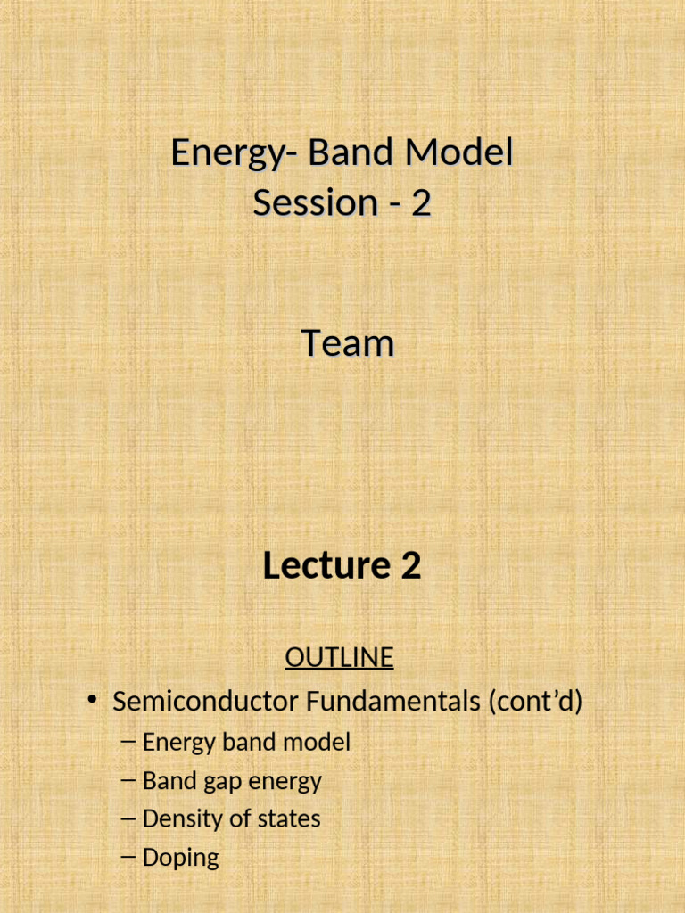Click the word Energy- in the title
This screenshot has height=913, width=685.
click(x=234, y=153)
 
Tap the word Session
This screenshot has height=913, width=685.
click(x=303, y=203)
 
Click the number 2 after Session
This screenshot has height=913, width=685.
click(x=421, y=203)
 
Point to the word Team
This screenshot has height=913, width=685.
click(x=347, y=343)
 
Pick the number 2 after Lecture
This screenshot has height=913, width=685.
click(x=410, y=566)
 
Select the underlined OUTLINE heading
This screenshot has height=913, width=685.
click(x=339, y=658)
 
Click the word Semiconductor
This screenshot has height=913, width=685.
click(x=205, y=703)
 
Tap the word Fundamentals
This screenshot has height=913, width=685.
click(x=393, y=703)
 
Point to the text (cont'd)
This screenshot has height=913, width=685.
click(x=535, y=703)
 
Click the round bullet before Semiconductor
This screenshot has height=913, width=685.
click(x=92, y=702)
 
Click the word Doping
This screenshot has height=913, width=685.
click(x=180, y=859)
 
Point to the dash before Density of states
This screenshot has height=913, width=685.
click(x=127, y=818)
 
